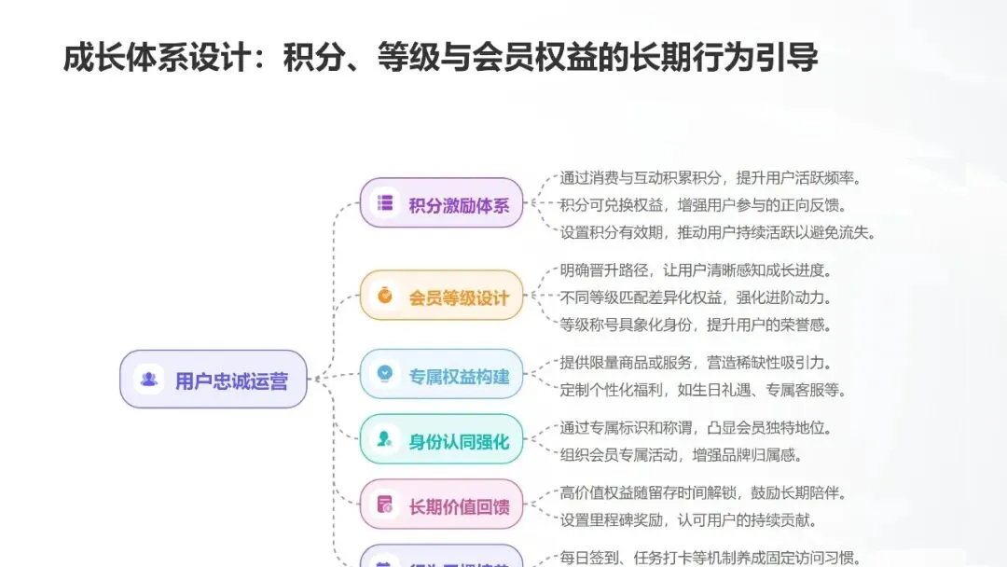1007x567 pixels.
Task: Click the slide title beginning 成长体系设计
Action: [x=440, y=57]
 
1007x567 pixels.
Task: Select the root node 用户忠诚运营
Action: [x=214, y=380]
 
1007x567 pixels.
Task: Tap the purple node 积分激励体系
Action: [x=441, y=204]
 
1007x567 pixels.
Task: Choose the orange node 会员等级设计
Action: [x=441, y=297]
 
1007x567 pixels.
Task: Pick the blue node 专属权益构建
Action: [x=441, y=376]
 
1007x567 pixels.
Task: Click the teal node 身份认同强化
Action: [x=441, y=440]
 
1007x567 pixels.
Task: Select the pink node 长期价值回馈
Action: [x=441, y=506]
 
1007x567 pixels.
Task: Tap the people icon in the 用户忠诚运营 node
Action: [x=149, y=380]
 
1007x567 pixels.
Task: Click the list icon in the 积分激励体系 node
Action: [x=384, y=203]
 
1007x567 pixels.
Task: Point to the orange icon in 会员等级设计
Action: [x=384, y=297]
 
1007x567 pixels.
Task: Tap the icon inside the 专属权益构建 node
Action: [x=384, y=375]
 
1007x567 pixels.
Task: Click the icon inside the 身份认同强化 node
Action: [x=384, y=439]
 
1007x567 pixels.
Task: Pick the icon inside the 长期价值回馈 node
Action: [x=384, y=505]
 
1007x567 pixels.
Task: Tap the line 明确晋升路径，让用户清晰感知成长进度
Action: [x=696, y=271]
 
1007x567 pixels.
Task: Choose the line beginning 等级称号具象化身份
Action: [x=696, y=325]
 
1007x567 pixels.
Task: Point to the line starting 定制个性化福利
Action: [x=703, y=390]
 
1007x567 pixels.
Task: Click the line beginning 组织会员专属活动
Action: [x=682, y=455]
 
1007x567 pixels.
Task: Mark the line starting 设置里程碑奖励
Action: [x=689, y=519]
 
